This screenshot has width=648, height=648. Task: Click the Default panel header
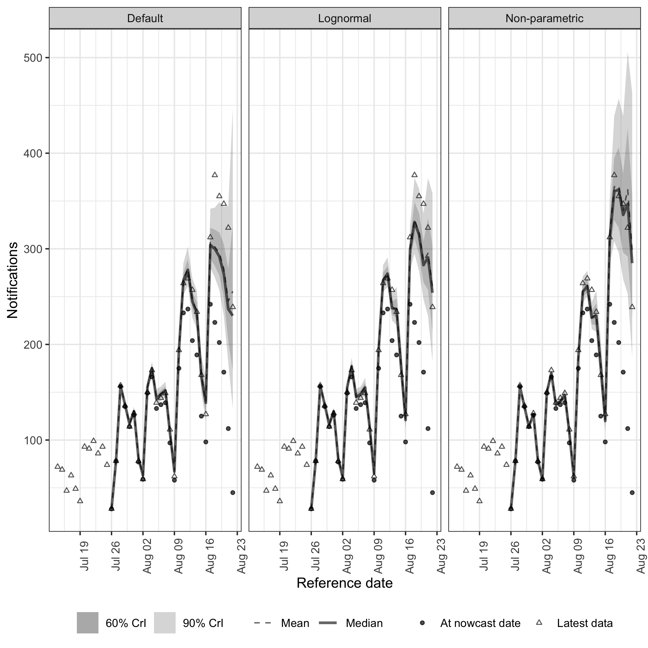point(145,18)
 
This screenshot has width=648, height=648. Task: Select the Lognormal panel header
point(344,18)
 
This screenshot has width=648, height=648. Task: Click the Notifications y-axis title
point(13,280)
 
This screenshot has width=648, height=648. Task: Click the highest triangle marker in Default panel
point(215,175)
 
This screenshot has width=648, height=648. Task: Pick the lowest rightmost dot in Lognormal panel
point(432,492)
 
